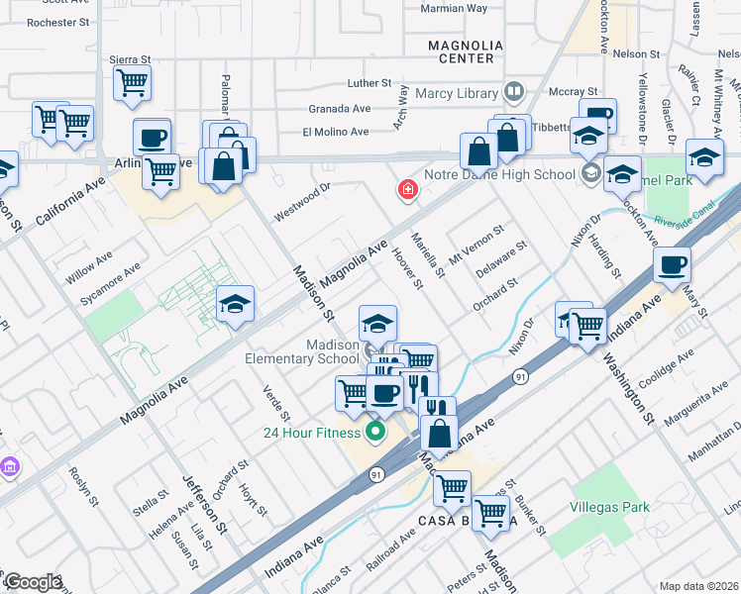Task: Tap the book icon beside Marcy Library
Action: coord(513,93)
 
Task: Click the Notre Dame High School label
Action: coord(499,175)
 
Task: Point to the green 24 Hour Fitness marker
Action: coord(374,432)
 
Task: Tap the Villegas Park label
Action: coord(609,507)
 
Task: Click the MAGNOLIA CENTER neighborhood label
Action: coord(461,51)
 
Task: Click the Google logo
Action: coord(32,582)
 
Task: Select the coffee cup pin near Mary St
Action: coord(672,265)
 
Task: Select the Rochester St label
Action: coord(57,21)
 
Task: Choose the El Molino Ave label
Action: coord(335,132)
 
